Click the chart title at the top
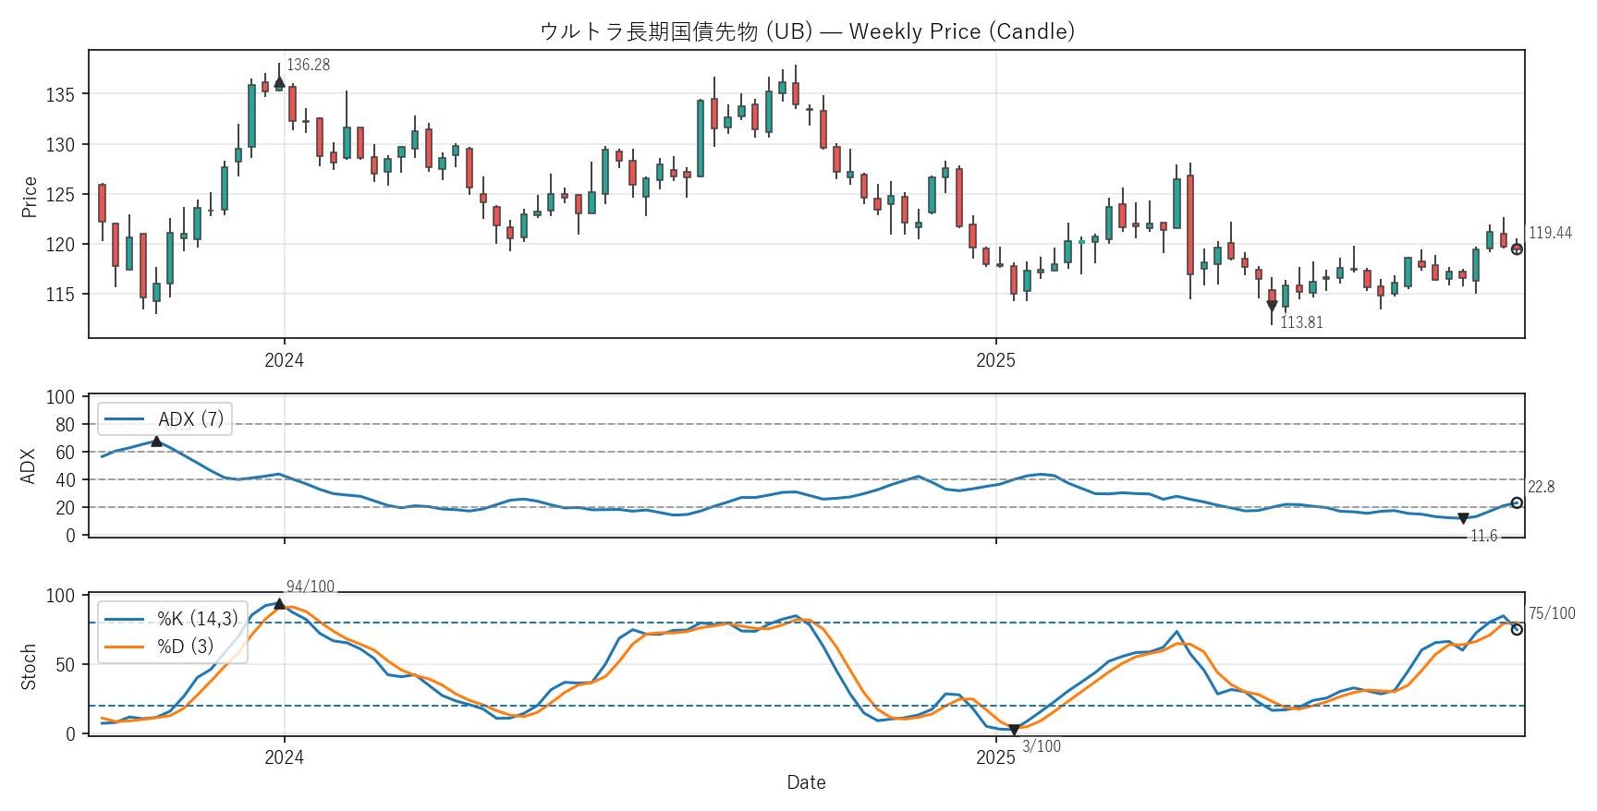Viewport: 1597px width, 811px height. coord(807,31)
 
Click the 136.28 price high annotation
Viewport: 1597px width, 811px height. coord(308,65)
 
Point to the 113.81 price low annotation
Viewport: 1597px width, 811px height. coord(1301,322)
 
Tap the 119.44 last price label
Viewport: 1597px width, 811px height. coord(1550,233)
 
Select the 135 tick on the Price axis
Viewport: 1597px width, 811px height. coord(60,94)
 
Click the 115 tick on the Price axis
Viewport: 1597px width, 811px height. coord(60,295)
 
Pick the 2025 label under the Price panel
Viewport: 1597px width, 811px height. coord(995,360)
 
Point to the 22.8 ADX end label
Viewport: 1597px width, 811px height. coord(1541,487)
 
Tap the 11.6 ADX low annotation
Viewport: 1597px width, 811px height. coord(1483,536)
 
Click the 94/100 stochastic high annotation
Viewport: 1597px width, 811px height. coord(311,587)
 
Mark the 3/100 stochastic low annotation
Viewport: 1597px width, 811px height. coord(1042,746)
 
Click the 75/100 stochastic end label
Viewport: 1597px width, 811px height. coord(1552,613)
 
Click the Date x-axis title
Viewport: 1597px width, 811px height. coord(806,782)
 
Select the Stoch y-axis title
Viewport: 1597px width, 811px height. coord(29,666)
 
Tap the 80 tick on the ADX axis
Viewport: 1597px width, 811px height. coord(65,425)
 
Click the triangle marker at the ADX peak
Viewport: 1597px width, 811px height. coord(156,442)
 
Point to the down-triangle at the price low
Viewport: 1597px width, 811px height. coord(1272,306)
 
